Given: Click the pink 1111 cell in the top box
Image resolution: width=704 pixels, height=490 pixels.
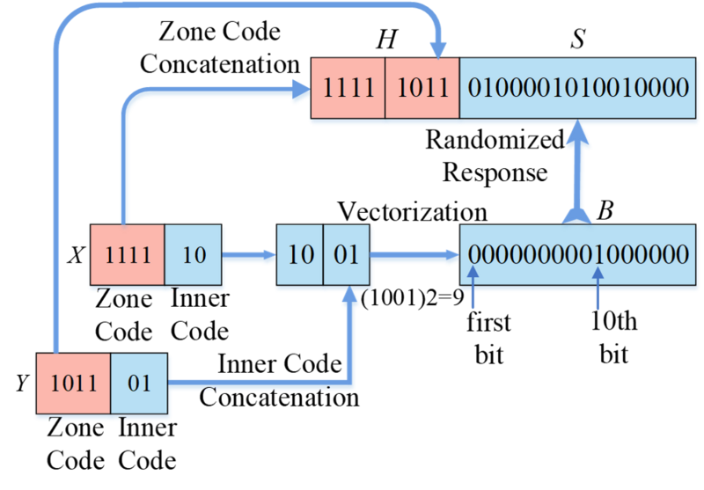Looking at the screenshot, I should point(348,88).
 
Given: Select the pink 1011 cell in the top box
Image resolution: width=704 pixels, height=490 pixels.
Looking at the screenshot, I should point(422,88).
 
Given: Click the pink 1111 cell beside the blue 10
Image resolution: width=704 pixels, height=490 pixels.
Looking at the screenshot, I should point(127,255).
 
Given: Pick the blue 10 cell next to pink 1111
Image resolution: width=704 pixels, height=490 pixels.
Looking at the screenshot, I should point(194,255).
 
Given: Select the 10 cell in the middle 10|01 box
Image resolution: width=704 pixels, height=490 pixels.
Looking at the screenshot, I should point(300,255).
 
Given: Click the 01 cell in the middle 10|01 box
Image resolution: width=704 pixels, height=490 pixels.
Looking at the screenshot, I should point(348,255).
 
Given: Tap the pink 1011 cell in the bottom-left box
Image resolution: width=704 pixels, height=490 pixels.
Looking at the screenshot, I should point(72,384).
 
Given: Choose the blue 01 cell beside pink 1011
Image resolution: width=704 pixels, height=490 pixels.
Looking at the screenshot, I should point(139,384).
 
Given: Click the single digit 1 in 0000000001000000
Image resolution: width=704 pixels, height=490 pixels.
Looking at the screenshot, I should point(598,255).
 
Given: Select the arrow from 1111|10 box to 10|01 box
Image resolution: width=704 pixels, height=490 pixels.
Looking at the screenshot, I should point(250,257).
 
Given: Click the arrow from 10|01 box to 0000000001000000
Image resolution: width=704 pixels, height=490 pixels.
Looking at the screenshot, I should point(414,257).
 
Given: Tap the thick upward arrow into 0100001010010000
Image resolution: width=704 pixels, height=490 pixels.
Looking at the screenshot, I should point(577,172).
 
